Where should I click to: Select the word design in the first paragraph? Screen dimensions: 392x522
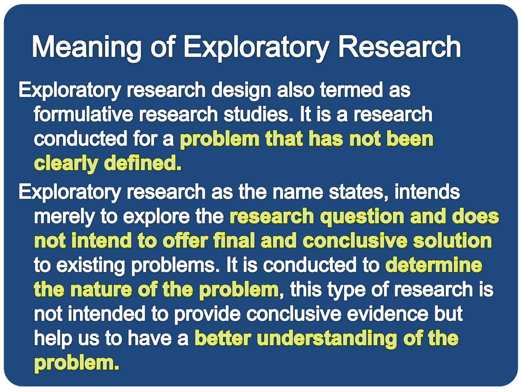pyautogui.click(x=241, y=90)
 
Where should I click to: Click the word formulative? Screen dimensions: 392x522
pyautogui.click(x=83, y=114)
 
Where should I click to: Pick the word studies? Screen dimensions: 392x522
pyautogui.click(x=258, y=114)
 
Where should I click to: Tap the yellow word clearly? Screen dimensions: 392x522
pyautogui.click(x=66, y=163)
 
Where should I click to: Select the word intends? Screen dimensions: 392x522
pyautogui.click(x=427, y=192)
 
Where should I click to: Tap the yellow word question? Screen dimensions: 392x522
pyautogui.click(x=362, y=217)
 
